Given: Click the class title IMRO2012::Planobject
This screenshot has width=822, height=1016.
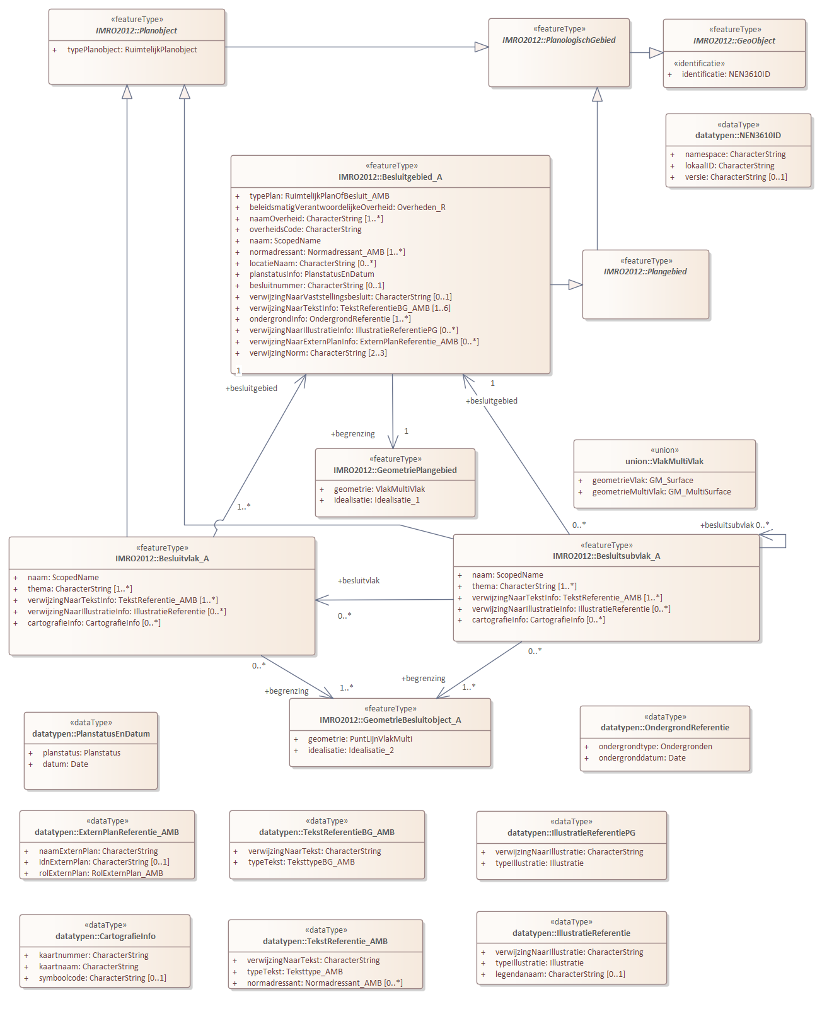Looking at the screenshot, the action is [136, 30].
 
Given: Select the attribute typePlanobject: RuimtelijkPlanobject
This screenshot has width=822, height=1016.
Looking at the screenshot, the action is [132, 50].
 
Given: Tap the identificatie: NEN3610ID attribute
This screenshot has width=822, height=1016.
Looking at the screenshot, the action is [726, 74].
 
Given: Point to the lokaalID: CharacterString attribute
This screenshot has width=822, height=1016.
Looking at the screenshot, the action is [729, 165].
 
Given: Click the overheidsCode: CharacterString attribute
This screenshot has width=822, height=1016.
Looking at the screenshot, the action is [305, 230].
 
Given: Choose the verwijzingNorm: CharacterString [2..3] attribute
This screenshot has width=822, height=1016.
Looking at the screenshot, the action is [318, 353].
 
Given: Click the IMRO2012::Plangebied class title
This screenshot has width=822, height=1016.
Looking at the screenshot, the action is [645, 271].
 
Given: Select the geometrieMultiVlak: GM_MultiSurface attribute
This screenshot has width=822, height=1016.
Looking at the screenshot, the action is [661, 491].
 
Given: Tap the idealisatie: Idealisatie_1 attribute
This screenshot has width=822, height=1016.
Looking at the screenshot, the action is [377, 500].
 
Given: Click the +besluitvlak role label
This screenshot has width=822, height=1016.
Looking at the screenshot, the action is [359, 580].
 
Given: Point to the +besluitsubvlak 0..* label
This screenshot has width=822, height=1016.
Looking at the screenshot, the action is [734, 525].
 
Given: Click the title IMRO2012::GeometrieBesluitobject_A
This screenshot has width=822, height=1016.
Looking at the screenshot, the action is [390, 720].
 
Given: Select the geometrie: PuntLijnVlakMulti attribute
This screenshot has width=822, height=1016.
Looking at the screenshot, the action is [360, 739].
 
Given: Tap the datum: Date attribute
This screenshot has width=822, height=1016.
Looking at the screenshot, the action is [66, 764].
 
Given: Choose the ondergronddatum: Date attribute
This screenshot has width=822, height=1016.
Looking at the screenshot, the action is [642, 757].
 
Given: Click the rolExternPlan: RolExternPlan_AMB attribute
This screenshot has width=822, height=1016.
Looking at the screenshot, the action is [101, 873].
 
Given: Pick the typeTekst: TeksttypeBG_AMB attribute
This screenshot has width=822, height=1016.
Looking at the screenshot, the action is [301, 862].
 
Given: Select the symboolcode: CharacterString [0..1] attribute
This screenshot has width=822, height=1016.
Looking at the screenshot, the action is [103, 978].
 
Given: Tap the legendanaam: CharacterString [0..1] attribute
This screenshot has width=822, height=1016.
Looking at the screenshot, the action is [560, 974].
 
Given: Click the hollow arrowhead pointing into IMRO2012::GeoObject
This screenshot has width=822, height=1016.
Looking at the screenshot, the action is [656, 52].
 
